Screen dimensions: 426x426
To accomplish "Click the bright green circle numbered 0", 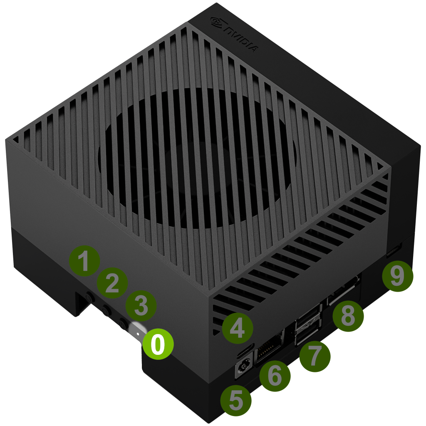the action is point(158,344).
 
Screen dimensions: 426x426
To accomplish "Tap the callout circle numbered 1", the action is point(84,261).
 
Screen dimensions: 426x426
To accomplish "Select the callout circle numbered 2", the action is point(112,283).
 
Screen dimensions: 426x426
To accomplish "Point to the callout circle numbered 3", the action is point(141,306).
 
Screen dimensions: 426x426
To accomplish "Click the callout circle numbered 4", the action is point(238,328).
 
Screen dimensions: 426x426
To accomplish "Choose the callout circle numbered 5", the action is point(236,401).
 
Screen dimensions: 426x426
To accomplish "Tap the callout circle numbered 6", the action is point(275,376).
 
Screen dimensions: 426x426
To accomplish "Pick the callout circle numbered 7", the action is point(315,357).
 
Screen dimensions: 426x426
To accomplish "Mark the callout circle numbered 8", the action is point(348,316).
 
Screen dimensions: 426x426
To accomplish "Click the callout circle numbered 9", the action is point(397,276).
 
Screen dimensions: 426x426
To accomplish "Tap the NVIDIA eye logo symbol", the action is point(217,22).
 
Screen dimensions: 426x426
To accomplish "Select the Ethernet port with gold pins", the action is point(270,347).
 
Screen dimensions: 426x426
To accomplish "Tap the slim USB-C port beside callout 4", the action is point(246,351).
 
